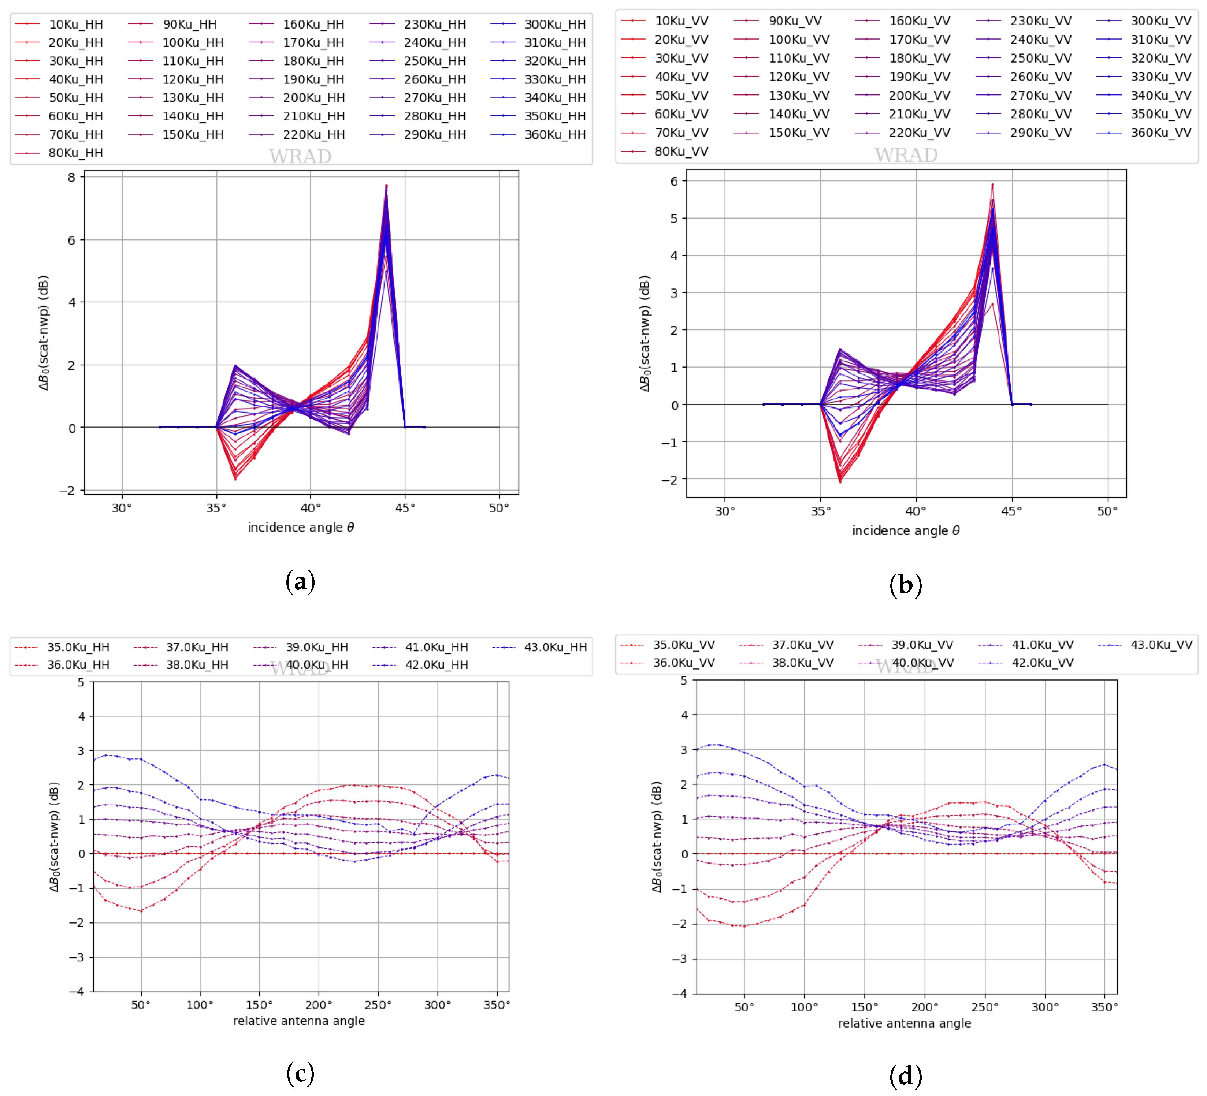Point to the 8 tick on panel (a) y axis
[72, 177]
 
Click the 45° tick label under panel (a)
[405, 508]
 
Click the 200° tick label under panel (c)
[319, 1005]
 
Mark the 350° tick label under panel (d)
[1104, 1007]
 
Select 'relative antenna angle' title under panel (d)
[904, 1024]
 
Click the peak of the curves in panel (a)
[386, 186]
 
